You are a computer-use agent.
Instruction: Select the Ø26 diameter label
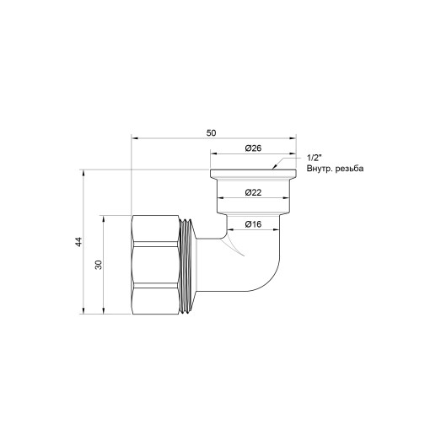click(x=252, y=148)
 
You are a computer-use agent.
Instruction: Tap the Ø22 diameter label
click(x=252, y=193)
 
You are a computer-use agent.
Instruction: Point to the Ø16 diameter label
click(x=252, y=224)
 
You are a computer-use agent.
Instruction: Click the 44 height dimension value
click(x=78, y=242)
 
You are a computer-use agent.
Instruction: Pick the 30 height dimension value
click(x=99, y=265)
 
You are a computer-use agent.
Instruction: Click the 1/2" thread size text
click(x=315, y=158)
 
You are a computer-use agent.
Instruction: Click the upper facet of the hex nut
click(x=158, y=228)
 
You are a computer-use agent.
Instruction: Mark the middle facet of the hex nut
click(x=158, y=265)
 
